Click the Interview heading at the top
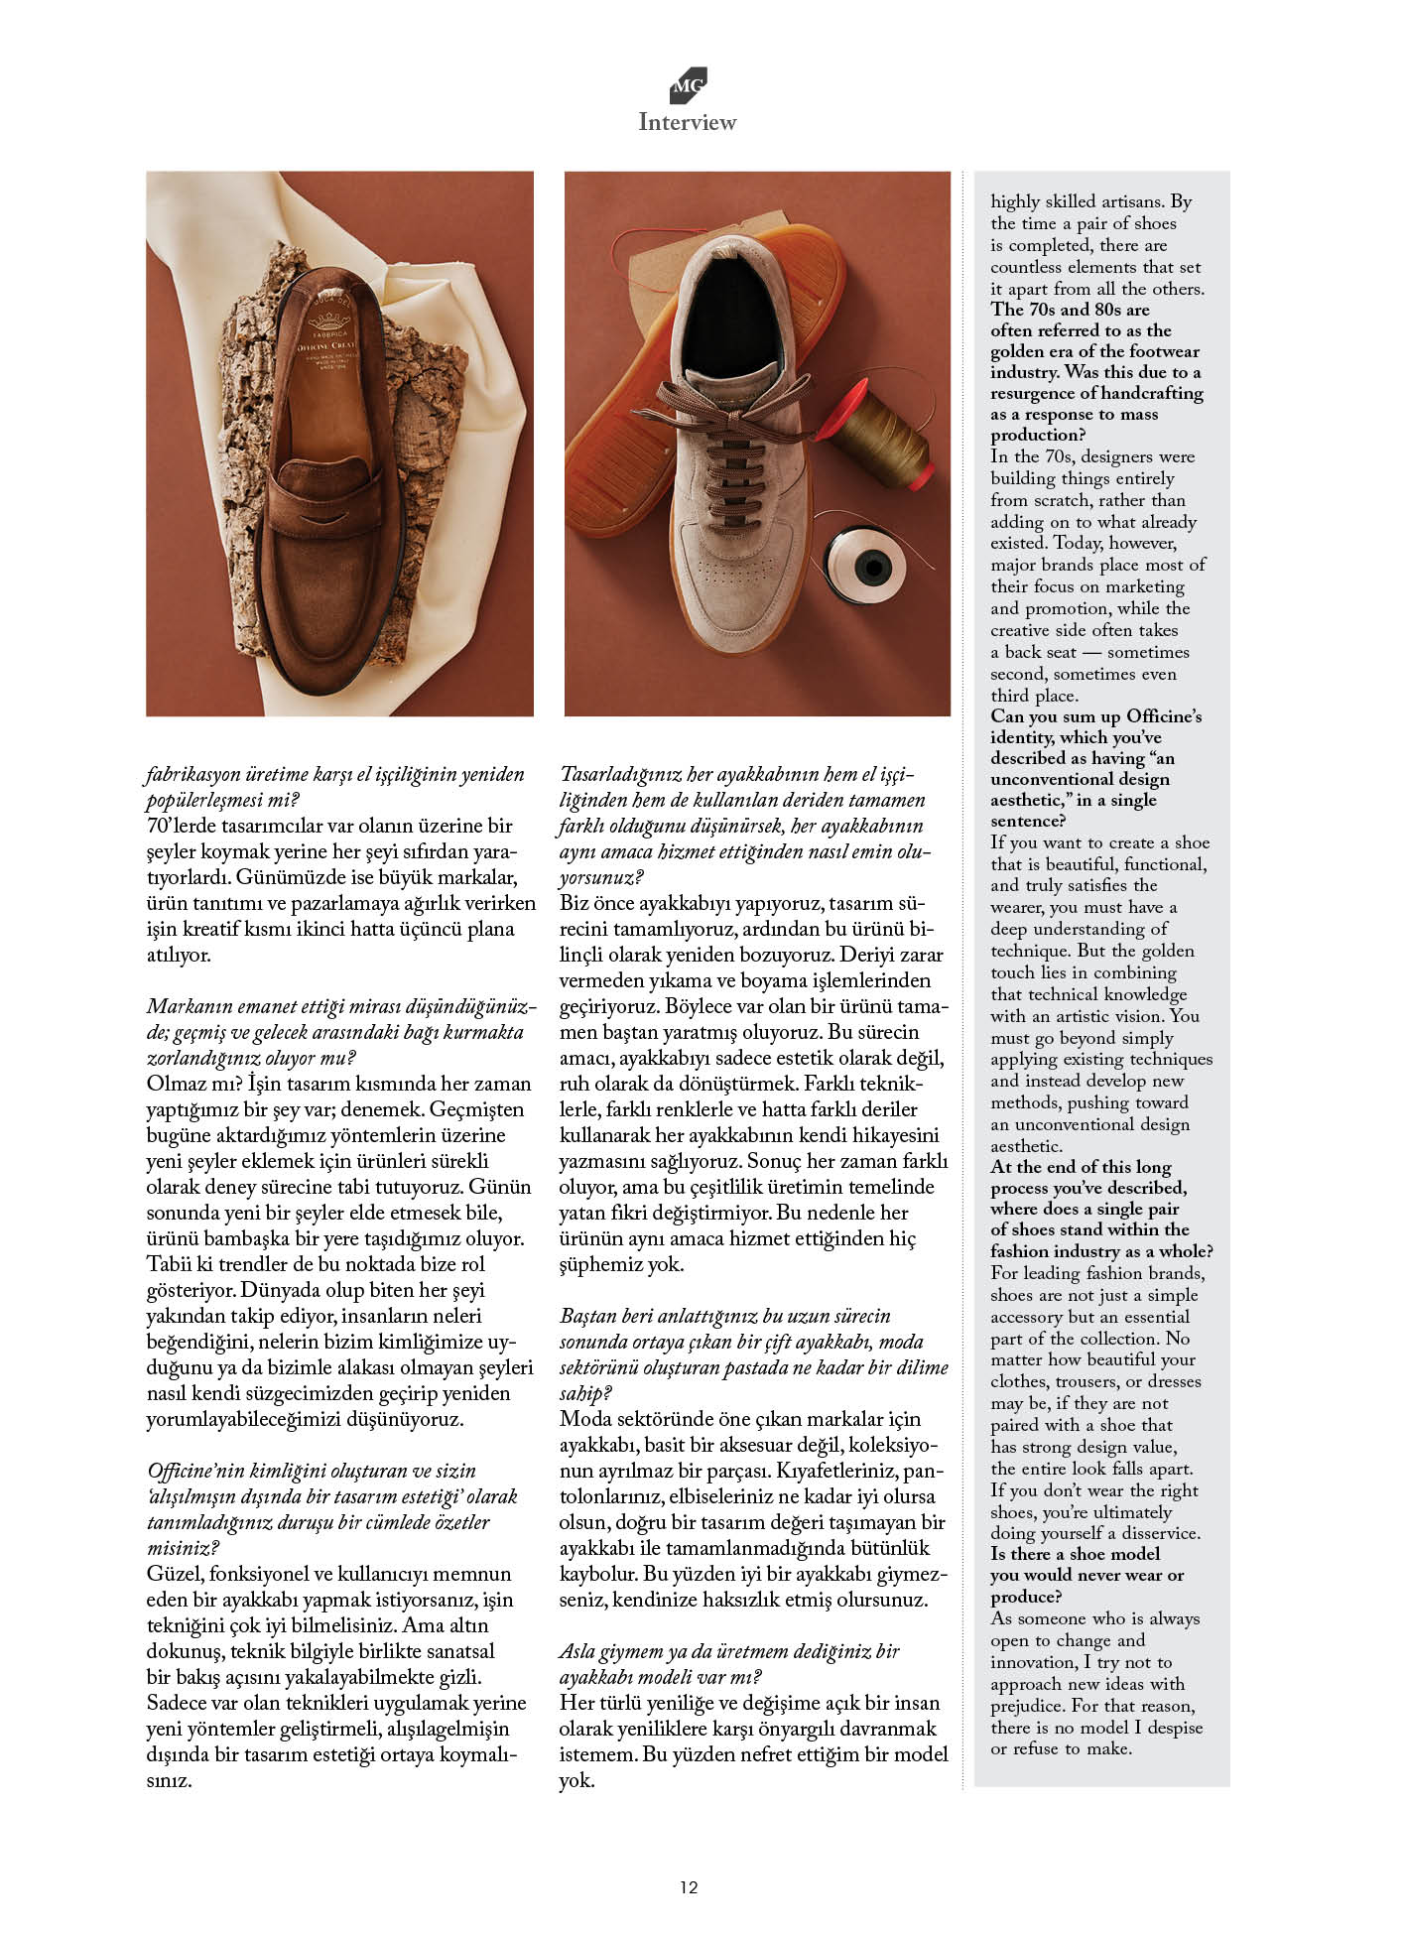[687, 122]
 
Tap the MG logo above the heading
[688, 85]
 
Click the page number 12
[689, 1887]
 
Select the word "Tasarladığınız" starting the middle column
[621, 774]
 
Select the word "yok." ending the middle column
[577, 1780]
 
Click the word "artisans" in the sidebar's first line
[1132, 201]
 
